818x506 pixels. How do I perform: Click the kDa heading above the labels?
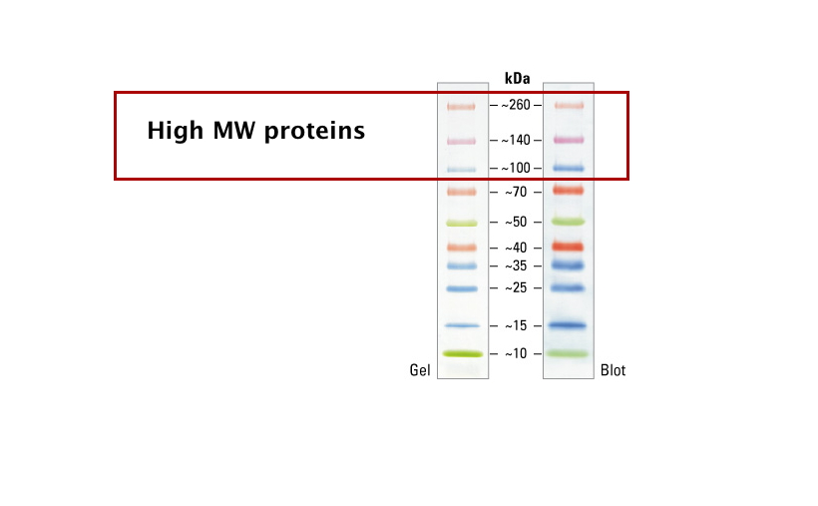(517, 78)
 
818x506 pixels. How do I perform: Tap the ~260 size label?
(516, 105)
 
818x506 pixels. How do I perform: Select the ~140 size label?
(516, 140)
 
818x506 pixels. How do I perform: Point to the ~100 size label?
(516, 168)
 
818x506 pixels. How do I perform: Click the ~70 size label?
(516, 193)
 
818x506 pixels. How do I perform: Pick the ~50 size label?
(516, 222)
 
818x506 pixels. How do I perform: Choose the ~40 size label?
(516, 248)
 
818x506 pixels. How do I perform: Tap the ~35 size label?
(516, 265)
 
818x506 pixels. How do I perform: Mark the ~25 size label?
(516, 287)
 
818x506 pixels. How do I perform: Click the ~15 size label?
(516, 325)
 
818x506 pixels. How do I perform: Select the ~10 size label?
(516, 353)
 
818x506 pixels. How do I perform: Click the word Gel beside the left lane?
(420, 370)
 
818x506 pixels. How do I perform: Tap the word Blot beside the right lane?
(613, 370)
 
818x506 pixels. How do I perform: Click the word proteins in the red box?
(314, 131)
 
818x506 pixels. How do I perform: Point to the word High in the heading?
(175, 131)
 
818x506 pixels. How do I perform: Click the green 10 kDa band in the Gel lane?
(463, 354)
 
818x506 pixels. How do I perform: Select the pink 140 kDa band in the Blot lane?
(569, 140)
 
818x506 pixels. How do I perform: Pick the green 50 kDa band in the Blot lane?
(569, 222)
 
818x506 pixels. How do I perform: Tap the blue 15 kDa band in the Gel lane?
(462, 325)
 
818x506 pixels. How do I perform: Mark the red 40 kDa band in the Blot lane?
(569, 246)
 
